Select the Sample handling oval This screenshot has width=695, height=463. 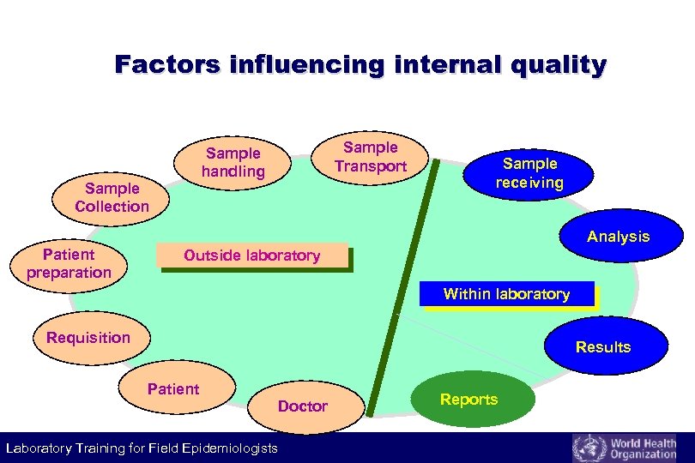(x=233, y=162)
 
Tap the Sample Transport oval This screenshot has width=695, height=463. (x=370, y=156)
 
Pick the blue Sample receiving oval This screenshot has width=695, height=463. (x=529, y=172)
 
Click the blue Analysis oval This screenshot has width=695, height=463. (x=619, y=237)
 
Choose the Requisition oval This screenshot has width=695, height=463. (x=88, y=337)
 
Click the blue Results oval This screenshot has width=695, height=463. (x=603, y=346)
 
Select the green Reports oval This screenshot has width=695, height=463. (x=468, y=399)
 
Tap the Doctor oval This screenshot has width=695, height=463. (x=303, y=406)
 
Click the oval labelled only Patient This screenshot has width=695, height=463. (x=173, y=389)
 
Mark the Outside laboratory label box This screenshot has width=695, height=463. (x=251, y=256)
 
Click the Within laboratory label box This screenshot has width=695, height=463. (x=506, y=294)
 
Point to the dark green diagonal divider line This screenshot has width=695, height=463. (x=402, y=283)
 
